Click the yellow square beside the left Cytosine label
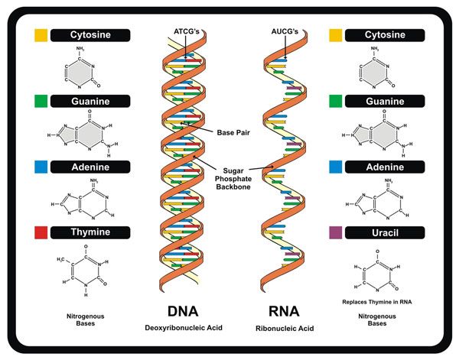pos(41,35)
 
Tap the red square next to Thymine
pos(41,232)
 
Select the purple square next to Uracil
pos(335,232)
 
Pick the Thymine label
pos(91,232)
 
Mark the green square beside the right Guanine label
pos(335,101)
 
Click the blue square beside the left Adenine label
pos(41,166)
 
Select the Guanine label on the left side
pos(91,101)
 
